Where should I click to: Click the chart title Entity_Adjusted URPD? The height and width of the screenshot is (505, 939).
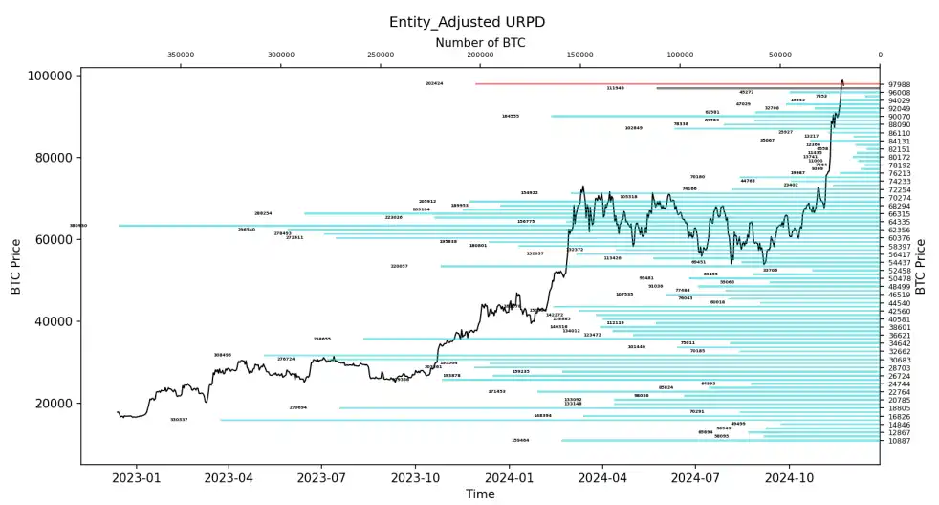pyautogui.click(x=469, y=21)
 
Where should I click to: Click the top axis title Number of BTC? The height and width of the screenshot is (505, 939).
pyautogui.click(x=480, y=42)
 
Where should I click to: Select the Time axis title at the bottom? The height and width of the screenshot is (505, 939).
pyautogui.click(x=480, y=494)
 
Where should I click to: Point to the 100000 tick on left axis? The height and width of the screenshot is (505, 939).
pyautogui.click(x=49, y=76)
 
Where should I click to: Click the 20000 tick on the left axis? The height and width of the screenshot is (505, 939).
pyautogui.click(x=53, y=403)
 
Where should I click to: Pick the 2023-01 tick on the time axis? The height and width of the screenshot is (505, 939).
pyautogui.click(x=138, y=474)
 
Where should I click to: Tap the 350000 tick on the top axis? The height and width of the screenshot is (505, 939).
pyautogui.click(x=181, y=55)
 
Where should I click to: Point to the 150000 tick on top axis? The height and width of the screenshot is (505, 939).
pyautogui.click(x=580, y=55)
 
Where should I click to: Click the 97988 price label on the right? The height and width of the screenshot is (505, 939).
pyautogui.click(x=899, y=85)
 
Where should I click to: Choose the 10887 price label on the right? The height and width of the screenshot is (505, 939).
pyautogui.click(x=899, y=441)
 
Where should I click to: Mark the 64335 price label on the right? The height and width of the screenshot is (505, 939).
pyautogui.click(x=899, y=222)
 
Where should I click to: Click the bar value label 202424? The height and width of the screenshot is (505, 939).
pyautogui.click(x=434, y=83)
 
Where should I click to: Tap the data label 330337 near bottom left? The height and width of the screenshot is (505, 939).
pyautogui.click(x=179, y=420)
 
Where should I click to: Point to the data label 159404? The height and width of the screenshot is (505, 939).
pyautogui.click(x=520, y=440)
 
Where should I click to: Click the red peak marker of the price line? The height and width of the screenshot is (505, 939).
pyautogui.click(x=841, y=81)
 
